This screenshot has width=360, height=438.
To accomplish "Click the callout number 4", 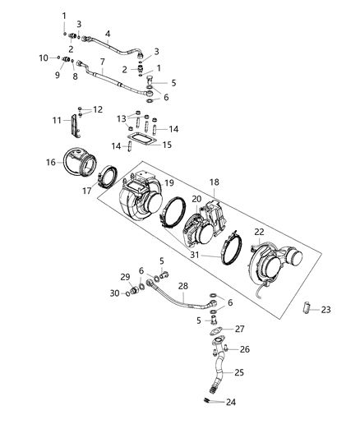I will (x=107, y=34).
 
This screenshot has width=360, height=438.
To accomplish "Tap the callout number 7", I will (x=102, y=62).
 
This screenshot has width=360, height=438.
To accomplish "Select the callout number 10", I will (x=44, y=58).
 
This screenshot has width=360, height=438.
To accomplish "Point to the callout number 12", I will (x=98, y=109).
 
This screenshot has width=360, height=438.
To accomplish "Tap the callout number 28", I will (x=183, y=285).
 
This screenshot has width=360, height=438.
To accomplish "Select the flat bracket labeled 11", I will (x=76, y=127).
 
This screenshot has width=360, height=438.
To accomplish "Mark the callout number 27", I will (x=241, y=329).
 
